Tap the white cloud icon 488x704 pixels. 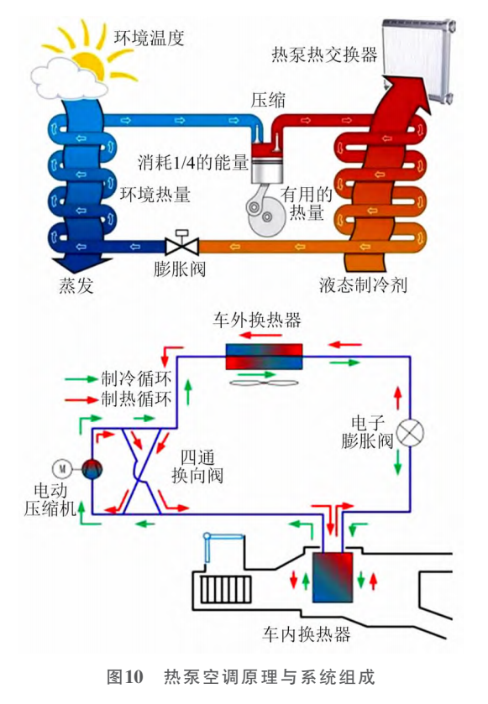(x=67, y=79)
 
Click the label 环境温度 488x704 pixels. (x=149, y=38)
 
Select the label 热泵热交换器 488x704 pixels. (x=324, y=55)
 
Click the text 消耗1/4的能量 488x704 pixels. (x=193, y=162)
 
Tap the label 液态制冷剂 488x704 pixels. (x=363, y=284)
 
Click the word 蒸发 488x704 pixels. (x=76, y=285)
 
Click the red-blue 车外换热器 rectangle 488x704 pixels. (x=264, y=357)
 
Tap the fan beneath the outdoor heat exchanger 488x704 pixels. (x=265, y=383)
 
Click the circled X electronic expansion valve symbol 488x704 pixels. (x=410, y=433)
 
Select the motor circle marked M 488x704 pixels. (x=62, y=469)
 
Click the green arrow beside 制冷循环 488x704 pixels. (x=81, y=379)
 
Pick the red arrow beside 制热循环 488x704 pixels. (x=81, y=399)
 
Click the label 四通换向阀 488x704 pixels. (x=197, y=466)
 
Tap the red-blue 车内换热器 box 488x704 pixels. (x=333, y=577)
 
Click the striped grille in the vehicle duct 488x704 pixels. (x=225, y=589)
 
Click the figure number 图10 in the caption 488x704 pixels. (x=125, y=677)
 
